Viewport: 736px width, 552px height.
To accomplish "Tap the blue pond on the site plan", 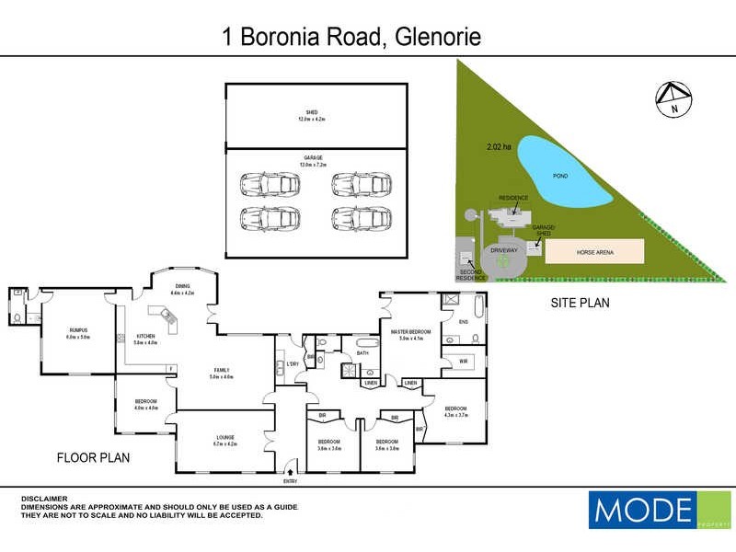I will point(561,175).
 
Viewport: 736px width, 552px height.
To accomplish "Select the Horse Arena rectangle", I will point(596,252).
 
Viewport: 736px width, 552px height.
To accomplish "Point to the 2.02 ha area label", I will point(500,146).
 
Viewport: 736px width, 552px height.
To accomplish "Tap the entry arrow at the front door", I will point(291,472).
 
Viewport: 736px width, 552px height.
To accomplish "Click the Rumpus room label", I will point(77,334).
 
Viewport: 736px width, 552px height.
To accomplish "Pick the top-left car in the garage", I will point(270,183).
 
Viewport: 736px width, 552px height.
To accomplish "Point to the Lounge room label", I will point(225,440).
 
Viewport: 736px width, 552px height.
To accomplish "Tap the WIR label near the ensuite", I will point(463,362).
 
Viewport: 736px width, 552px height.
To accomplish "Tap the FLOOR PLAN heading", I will point(93,457).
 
